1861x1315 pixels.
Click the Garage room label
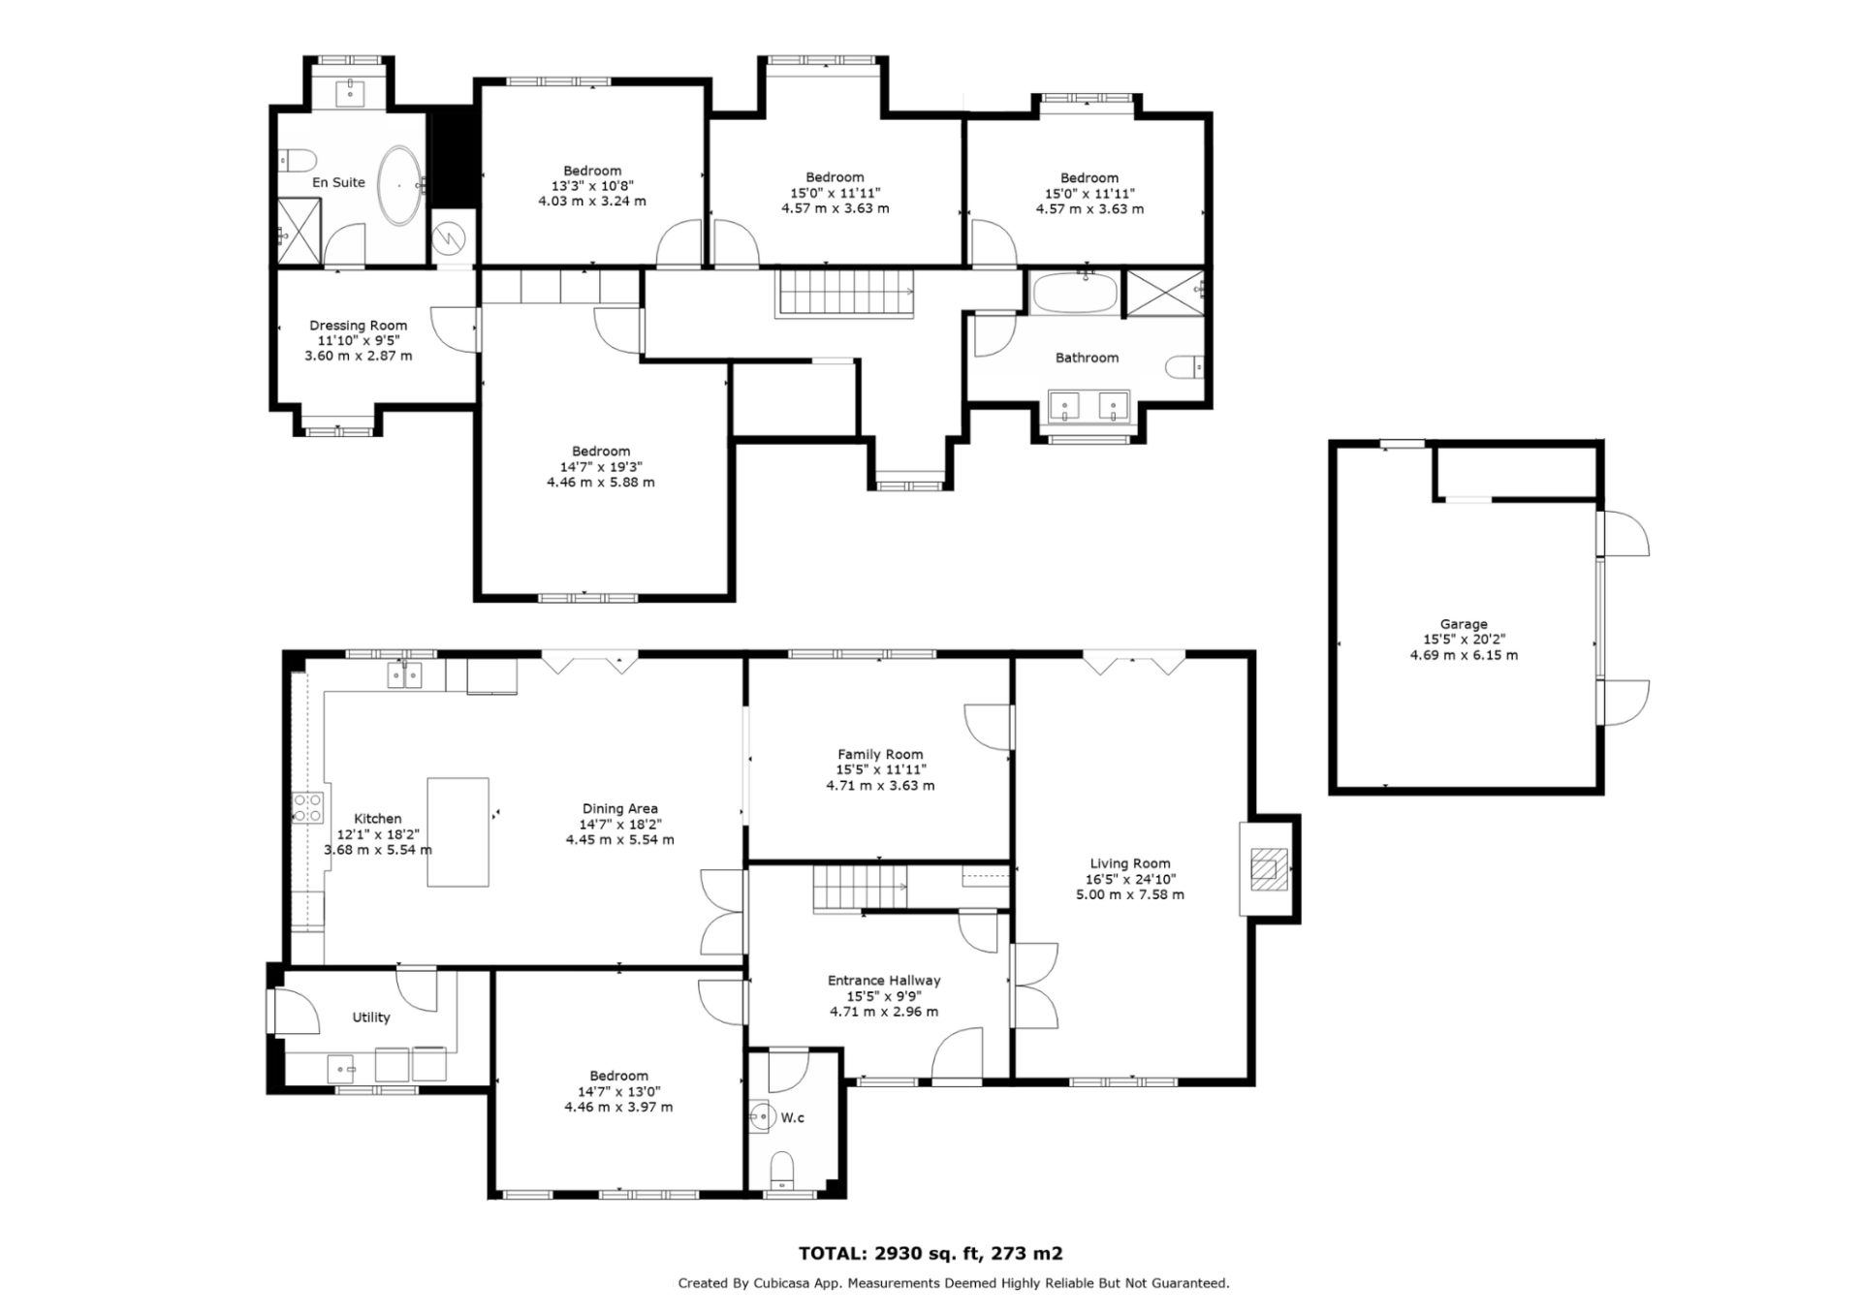[1464, 624]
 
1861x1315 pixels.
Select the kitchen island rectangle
[457, 831]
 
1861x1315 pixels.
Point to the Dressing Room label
[359, 326]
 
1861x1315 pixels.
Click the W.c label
[793, 1117]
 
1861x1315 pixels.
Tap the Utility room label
[371, 1018]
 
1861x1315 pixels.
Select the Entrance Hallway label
[884, 981]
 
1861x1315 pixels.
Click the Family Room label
[880, 754]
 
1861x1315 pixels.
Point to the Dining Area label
[620, 808]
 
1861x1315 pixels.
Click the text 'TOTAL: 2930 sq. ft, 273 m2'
[930, 1253]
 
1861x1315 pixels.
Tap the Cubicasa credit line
[954, 1283]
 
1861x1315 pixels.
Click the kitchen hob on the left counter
[308, 807]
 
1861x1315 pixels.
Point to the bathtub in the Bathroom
[1075, 293]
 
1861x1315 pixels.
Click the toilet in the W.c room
[781, 1170]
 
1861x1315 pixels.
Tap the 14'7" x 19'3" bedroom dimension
[601, 467]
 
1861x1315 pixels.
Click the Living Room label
[1130, 863]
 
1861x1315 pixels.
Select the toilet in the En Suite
[297, 160]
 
